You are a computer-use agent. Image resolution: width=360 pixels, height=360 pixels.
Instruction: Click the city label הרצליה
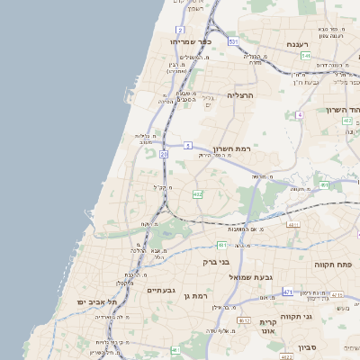pyautogui.click(x=241, y=94)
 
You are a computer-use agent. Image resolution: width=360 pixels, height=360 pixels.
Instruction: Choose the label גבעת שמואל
pyautogui.click(x=251, y=276)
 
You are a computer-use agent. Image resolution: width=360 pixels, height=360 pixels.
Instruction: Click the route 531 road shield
pyautogui.click(x=233, y=42)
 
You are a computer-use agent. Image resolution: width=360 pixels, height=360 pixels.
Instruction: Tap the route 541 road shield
pyautogui.click(x=306, y=56)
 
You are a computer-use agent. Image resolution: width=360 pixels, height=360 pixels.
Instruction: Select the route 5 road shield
pyautogui.click(x=188, y=145)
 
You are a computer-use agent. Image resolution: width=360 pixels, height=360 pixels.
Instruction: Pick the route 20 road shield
pyautogui.click(x=164, y=155)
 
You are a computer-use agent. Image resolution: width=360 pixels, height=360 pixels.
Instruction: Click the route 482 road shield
pyautogui.click(x=197, y=193)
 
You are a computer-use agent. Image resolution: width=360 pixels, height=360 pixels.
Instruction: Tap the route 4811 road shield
pyautogui.click(x=292, y=225)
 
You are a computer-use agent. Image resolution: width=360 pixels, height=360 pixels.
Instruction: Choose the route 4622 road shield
pyautogui.click(x=287, y=357)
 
